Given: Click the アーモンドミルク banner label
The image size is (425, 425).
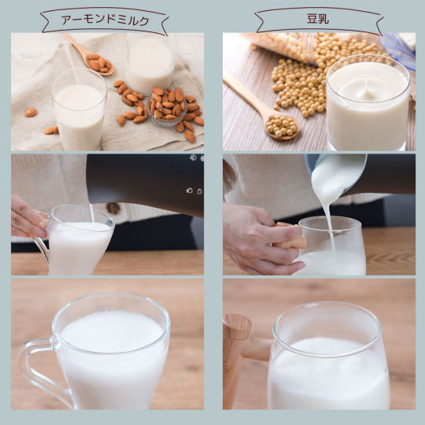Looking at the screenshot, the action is (x=105, y=20).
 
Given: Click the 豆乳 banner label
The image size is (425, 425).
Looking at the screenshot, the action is (x=318, y=19).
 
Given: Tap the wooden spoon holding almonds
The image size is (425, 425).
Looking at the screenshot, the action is (x=90, y=55).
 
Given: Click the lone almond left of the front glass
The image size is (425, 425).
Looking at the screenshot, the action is (x=31, y=113).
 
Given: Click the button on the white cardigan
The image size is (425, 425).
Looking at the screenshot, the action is (x=113, y=208).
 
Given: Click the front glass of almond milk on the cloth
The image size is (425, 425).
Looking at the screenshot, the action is (x=79, y=111).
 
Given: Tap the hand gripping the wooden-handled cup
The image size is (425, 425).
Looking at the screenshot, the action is (x=261, y=238).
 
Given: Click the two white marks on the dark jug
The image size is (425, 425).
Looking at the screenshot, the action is (x=194, y=190).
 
